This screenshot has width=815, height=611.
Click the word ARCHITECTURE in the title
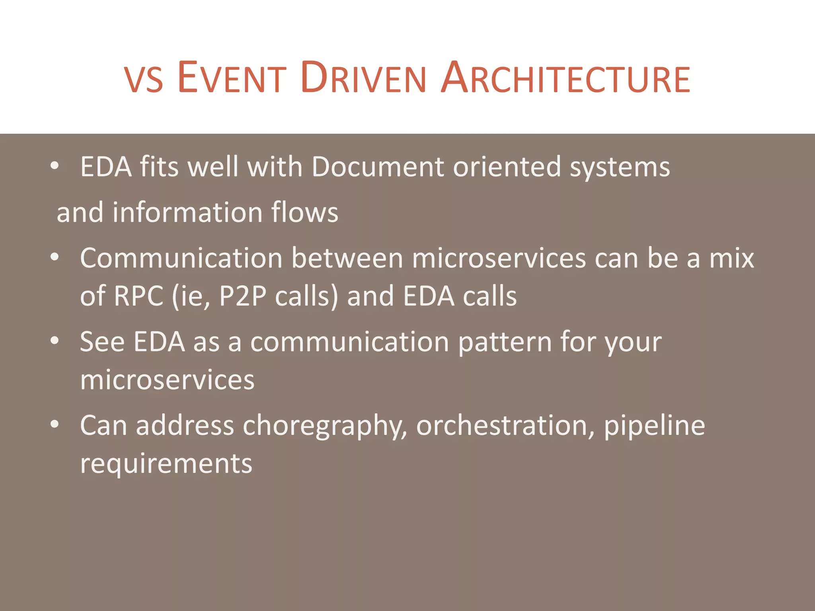tap(566, 78)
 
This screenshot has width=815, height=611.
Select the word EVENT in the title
tap(232, 78)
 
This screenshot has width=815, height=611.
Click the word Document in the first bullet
tap(377, 167)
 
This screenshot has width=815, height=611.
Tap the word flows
tap(304, 212)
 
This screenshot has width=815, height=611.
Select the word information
tap(187, 212)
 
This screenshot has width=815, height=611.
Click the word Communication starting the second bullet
tap(181, 258)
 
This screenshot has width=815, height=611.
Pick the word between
tap(347, 258)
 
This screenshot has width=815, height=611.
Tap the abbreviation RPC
tap(138, 296)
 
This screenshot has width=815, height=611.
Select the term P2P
tap(242, 296)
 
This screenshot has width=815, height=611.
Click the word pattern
tap(505, 342)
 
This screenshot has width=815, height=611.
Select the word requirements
tap(166, 464)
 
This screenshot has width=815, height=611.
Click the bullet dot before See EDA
tap(55, 341)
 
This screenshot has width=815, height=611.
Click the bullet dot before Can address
tap(55, 424)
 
